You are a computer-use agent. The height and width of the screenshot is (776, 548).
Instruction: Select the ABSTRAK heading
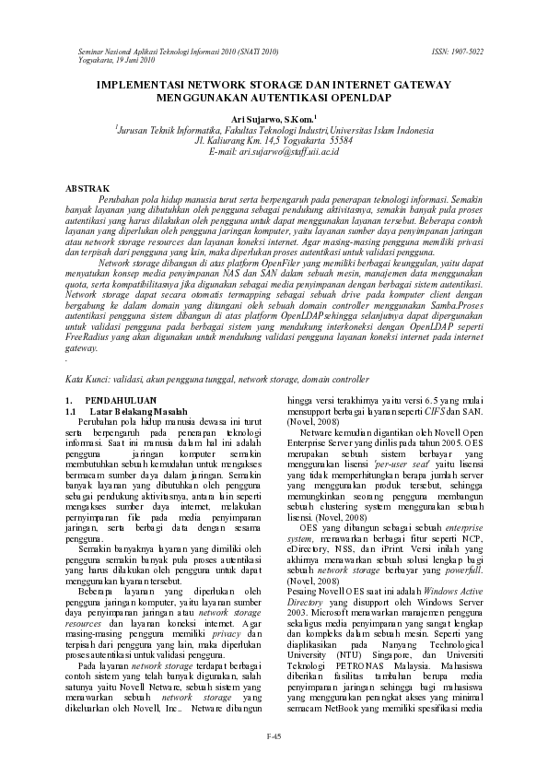pyautogui.click(x=87, y=188)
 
